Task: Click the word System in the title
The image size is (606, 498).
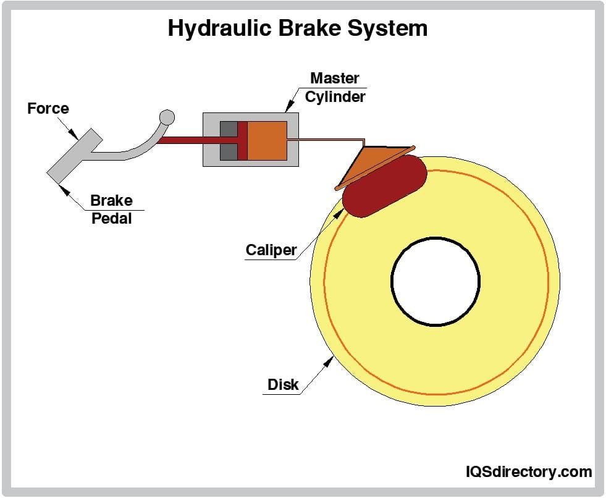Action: click(389, 28)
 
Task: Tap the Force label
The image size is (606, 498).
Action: click(48, 109)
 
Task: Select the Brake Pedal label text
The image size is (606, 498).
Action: click(111, 209)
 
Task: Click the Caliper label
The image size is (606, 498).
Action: click(271, 250)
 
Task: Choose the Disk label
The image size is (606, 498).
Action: click(283, 384)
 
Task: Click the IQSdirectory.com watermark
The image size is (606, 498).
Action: click(528, 472)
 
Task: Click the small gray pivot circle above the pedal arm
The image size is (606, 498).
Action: click(167, 117)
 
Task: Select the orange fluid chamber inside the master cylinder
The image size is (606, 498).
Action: click(267, 140)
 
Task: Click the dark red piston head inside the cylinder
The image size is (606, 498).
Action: click(242, 140)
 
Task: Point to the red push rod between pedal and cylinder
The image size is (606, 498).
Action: click(185, 140)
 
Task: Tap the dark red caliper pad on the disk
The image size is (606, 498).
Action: click(385, 185)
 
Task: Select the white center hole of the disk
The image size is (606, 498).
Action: click(436, 281)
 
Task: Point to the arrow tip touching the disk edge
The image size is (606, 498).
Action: click(332, 358)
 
